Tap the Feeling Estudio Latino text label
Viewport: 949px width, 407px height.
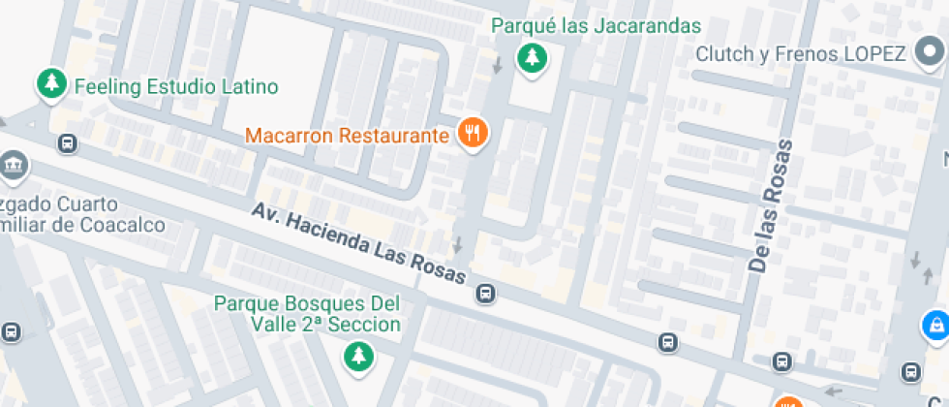click(x=176, y=86)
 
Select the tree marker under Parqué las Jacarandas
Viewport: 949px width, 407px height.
click(x=531, y=58)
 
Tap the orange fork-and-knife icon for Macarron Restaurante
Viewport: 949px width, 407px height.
click(x=473, y=133)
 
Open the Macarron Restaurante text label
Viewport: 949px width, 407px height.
click(x=347, y=135)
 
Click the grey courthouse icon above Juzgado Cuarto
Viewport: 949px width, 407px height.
click(x=13, y=167)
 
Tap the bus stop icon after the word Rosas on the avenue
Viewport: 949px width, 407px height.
click(x=486, y=293)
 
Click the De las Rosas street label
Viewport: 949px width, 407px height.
click(x=771, y=205)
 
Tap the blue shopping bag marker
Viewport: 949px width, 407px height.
click(x=935, y=325)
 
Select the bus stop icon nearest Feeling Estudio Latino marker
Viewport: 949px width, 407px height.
click(x=68, y=144)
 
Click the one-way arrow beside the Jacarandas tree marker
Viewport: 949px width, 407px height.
click(x=497, y=65)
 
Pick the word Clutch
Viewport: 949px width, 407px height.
click(x=724, y=53)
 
